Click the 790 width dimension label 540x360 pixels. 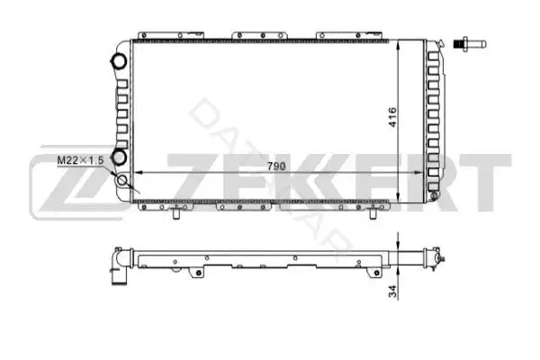pos(276,166)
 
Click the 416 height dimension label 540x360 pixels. pos(393,118)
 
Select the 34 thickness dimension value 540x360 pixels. pos(393,292)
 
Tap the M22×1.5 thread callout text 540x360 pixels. pos(81,160)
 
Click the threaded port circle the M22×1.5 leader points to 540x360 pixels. pos(122,180)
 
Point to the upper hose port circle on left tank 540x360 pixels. pos(119,61)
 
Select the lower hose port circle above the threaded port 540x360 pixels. pos(120,157)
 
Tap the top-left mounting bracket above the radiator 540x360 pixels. pos(171,35)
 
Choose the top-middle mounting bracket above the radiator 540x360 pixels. pos(259,35)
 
